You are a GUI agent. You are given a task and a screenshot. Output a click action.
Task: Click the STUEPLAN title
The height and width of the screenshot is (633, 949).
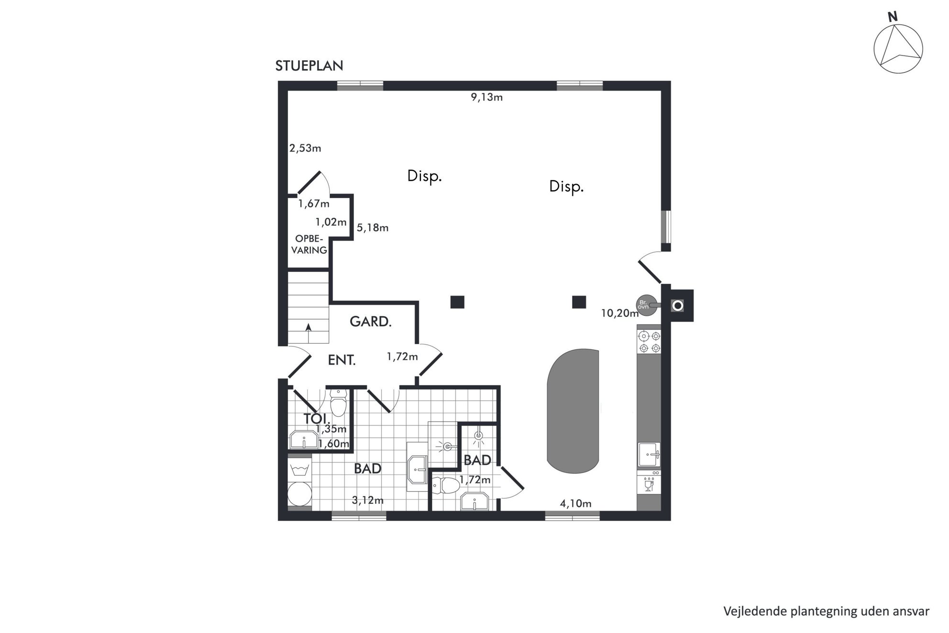[x=309, y=66]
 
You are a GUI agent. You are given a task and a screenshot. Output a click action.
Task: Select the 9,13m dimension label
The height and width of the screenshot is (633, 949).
[x=486, y=97]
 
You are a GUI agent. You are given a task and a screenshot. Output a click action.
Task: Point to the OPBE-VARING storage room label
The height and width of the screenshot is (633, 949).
[x=309, y=244]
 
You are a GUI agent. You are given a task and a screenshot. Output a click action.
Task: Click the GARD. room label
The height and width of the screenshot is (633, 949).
[x=371, y=322]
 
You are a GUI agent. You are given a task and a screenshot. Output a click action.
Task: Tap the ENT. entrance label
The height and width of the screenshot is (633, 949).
[x=342, y=360]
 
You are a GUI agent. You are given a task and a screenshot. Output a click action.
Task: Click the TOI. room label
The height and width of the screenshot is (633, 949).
[x=316, y=418]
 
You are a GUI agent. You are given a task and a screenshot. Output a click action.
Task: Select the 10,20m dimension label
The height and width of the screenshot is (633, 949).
[x=620, y=313]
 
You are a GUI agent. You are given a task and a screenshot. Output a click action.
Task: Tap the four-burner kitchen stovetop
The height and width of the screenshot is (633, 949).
[x=650, y=342]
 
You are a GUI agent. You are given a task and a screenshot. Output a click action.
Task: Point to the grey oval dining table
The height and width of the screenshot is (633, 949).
[x=573, y=411]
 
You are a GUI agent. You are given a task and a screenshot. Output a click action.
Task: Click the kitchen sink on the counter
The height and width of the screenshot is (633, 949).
[x=649, y=455]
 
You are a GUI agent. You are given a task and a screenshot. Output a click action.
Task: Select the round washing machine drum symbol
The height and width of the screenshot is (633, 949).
[x=299, y=493]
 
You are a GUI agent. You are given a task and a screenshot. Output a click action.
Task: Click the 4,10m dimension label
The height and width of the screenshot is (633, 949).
[x=576, y=503]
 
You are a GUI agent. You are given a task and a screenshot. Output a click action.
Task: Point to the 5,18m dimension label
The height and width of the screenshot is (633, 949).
[x=373, y=228]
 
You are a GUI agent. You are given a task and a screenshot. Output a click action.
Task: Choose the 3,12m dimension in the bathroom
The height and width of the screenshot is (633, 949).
[x=368, y=500]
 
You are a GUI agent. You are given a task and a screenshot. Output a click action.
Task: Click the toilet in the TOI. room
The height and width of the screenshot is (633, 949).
[x=338, y=403]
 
